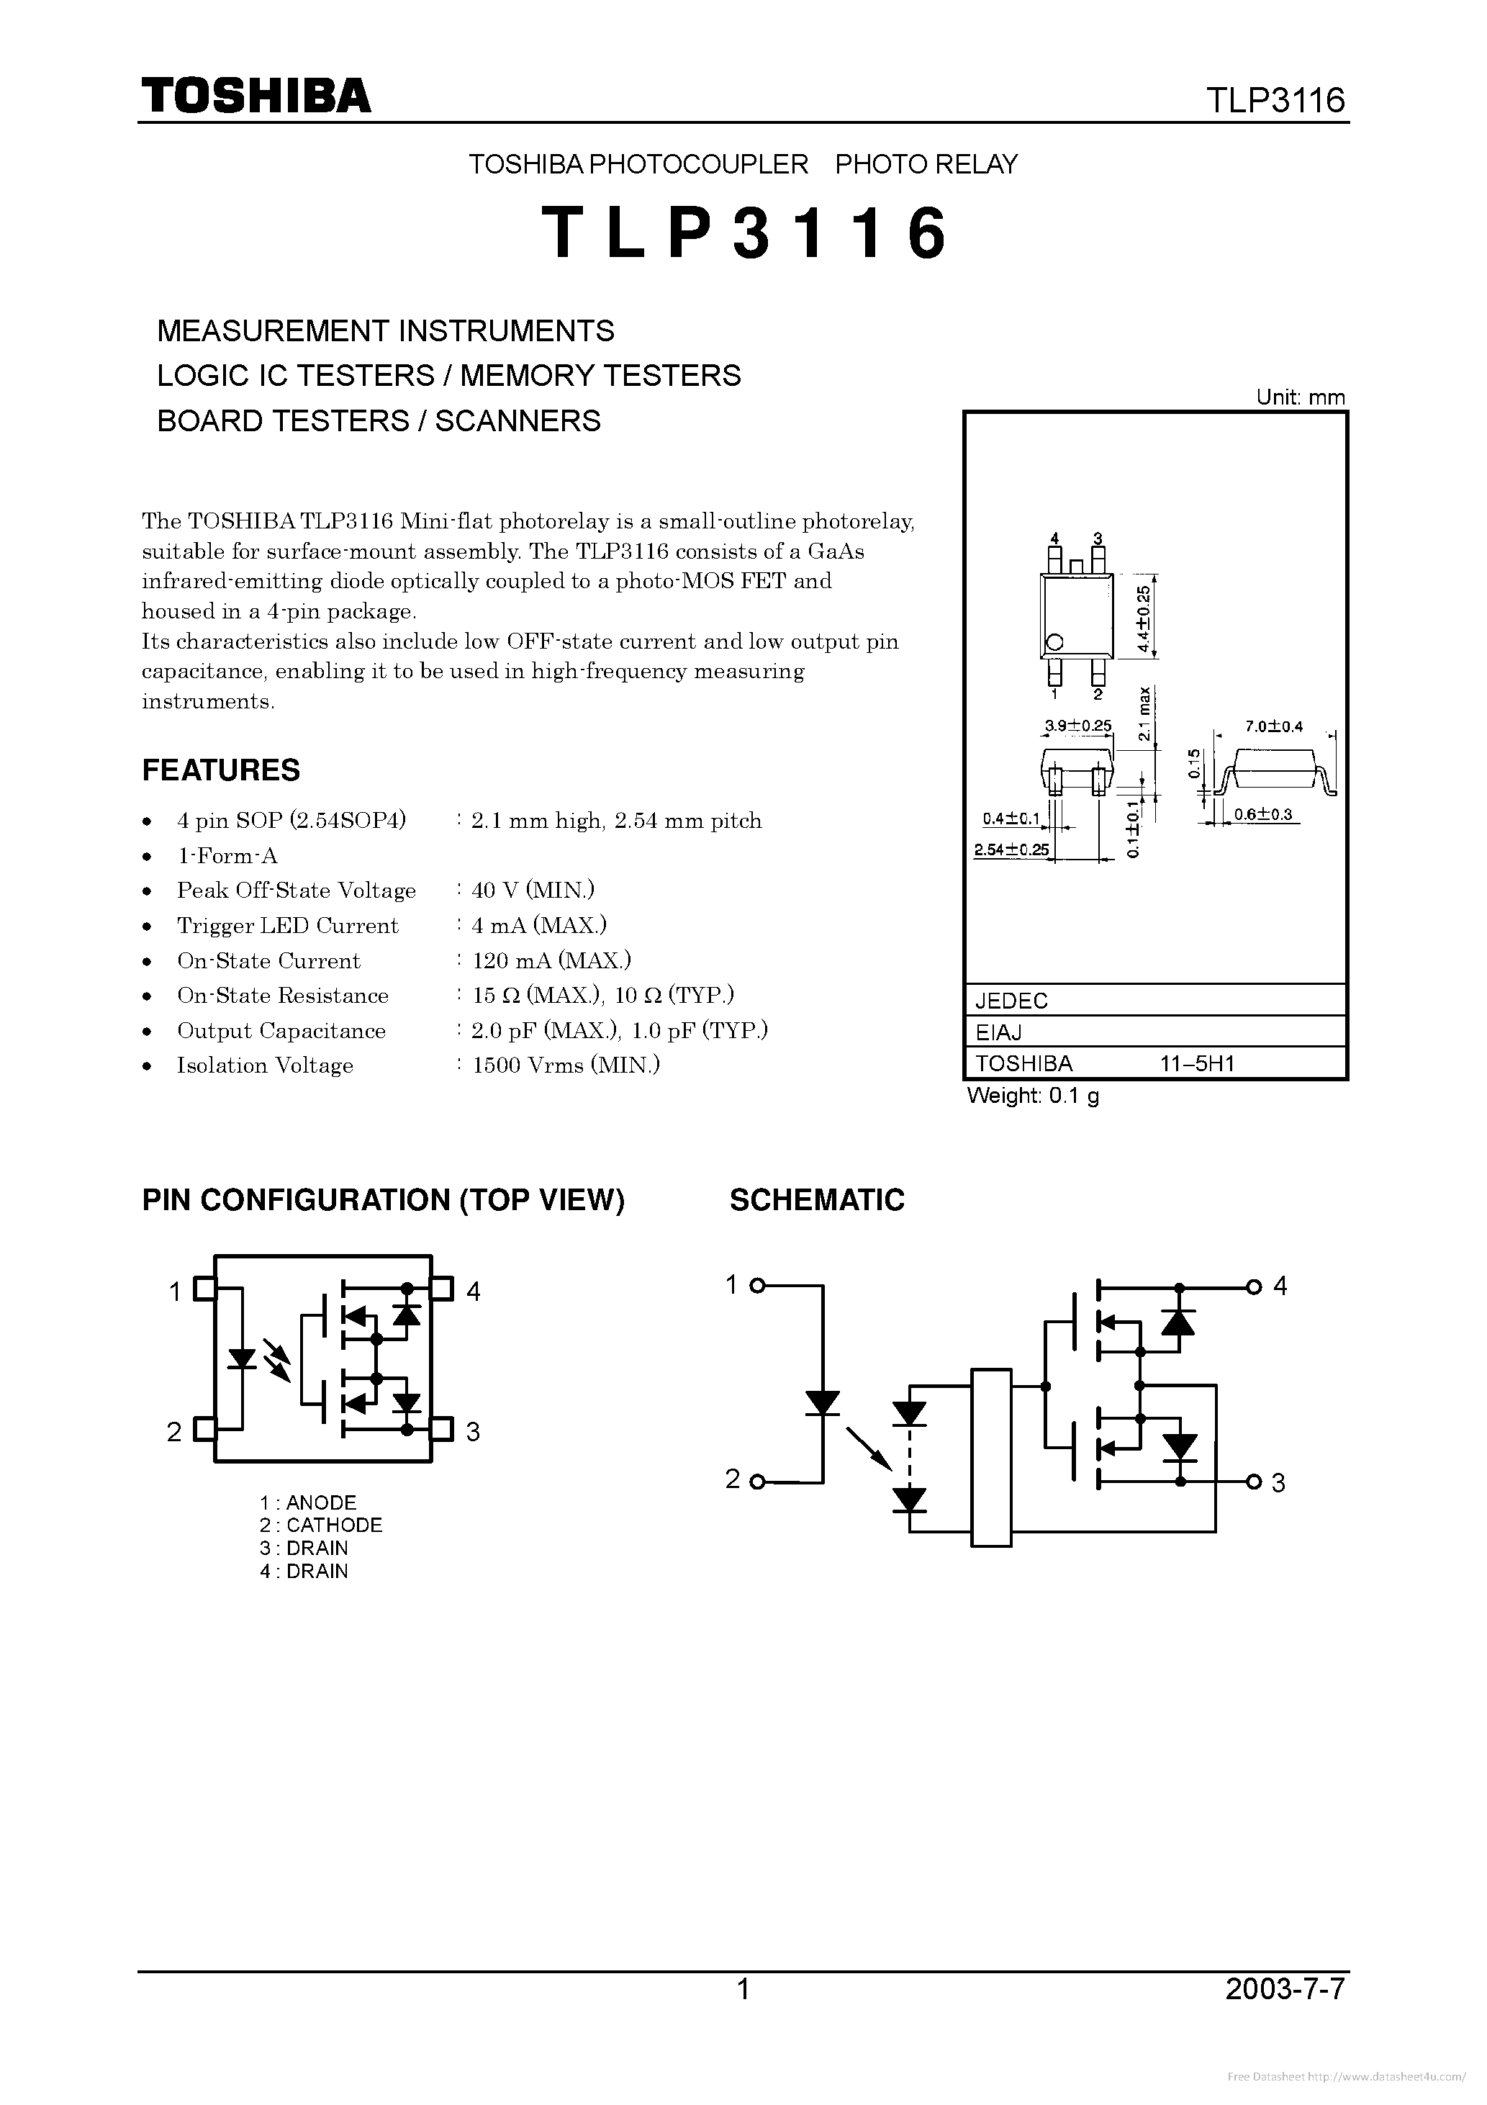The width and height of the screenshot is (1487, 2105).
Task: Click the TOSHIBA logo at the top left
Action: coord(256,95)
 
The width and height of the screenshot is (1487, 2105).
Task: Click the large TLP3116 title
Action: coord(743,233)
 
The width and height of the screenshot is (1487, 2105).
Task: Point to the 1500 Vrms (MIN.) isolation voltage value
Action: coord(566,1065)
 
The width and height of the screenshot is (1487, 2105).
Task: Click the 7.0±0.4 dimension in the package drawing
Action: coord(1273,727)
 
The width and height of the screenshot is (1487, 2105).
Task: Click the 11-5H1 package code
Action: coord(1197,1063)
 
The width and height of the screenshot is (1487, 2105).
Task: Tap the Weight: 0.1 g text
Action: coord(1034,1096)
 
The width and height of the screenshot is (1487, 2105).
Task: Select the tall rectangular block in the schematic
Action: coord(991,1458)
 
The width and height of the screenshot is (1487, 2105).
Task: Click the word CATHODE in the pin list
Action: coord(334,1525)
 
